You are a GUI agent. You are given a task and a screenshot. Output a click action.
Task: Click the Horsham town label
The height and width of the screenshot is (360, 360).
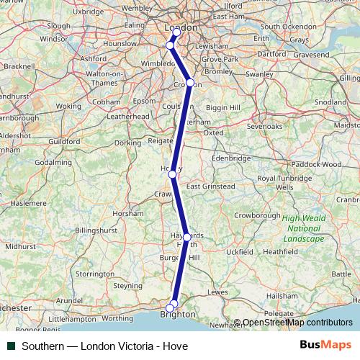click(129, 213)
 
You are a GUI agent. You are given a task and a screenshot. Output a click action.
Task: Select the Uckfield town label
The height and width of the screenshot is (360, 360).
click(239, 253)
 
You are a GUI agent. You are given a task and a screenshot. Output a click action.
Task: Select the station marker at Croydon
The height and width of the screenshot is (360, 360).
click(189, 83)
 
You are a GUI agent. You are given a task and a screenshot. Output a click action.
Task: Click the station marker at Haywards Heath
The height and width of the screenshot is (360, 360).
click(186, 237)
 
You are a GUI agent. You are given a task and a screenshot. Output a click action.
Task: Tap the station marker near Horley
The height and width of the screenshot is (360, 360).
click(172, 174)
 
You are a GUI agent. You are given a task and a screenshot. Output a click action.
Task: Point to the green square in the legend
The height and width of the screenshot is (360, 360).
click(11, 346)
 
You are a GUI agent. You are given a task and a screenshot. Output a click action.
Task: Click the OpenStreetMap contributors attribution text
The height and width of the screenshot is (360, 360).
click(297, 323)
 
